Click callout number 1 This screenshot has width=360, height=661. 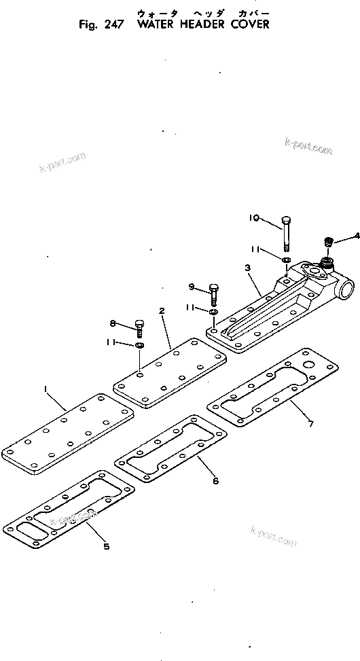[46, 389]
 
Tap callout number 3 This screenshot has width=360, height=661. [249, 269]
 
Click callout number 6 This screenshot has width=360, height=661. [215, 481]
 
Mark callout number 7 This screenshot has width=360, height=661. [310, 425]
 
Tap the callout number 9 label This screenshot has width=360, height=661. [192, 286]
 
